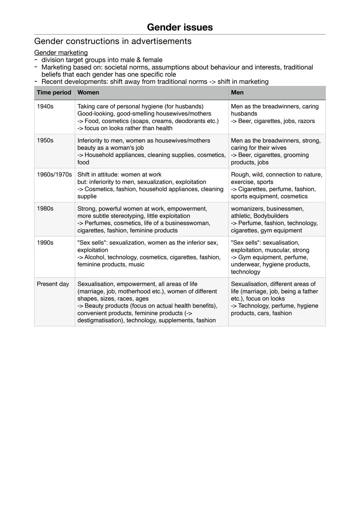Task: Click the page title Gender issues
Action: (180, 27)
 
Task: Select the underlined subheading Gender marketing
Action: (61, 53)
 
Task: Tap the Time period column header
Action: (54, 93)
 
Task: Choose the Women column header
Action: (88, 93)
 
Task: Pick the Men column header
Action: (237, 93)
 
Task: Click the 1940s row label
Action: (45, 107)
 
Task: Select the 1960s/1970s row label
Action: (54, 175)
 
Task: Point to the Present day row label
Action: (53, 284)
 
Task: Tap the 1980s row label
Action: (45, 209)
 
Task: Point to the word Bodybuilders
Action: (271, 216)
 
